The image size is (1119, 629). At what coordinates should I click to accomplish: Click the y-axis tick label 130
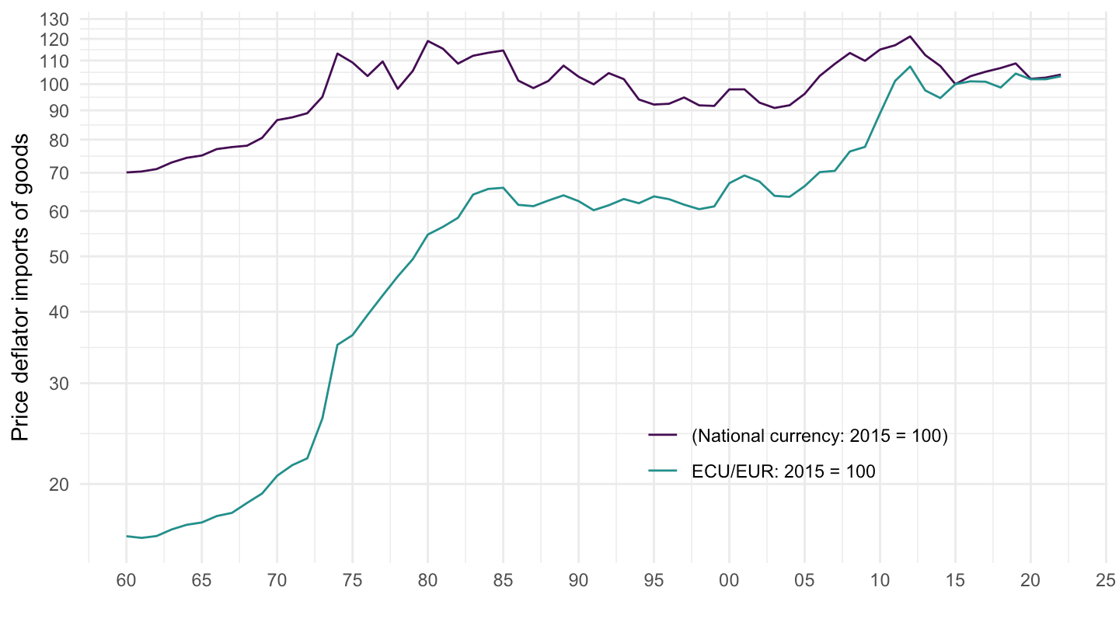(x=59, y=19)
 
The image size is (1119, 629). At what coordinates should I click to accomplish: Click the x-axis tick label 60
(x=126, y=581)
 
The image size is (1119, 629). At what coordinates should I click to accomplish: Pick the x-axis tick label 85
(x=503, y=581)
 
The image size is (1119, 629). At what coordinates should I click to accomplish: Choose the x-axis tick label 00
(x=729, y=581)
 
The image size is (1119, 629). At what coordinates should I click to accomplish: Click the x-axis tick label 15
(x=955, y=581)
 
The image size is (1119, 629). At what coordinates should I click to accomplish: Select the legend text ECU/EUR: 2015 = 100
(x=783, y=471)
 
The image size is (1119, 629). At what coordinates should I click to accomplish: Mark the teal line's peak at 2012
(x=910, y=66)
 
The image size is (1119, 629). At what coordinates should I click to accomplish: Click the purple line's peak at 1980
(x=427, y=41)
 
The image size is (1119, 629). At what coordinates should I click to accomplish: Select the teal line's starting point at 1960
(x=126, y=536)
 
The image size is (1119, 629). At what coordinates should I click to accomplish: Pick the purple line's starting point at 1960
(x=126, y=172)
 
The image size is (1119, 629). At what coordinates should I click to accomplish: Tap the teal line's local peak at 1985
(x=503, y=188)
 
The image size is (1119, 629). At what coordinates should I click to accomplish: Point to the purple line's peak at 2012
(x=910, y=36)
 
